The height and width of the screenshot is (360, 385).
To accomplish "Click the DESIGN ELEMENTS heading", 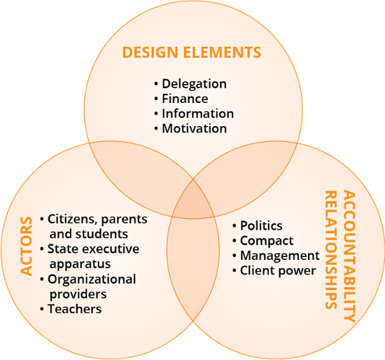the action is click(192, 53).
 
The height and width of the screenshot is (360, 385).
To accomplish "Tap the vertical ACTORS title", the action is click(27, 246).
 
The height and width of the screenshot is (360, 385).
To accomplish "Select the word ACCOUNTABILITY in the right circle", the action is click(349, 256).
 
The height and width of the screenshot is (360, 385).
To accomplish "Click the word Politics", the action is click(261, 226).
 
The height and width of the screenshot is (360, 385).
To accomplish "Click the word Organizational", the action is click(92, 279).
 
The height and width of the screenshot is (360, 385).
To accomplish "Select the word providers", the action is click(78, 294).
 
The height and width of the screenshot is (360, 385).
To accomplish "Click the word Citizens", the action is click(71, 219).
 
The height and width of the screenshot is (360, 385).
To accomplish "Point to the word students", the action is click(101, 234).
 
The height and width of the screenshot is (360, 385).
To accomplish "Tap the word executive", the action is click(114, 249).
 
